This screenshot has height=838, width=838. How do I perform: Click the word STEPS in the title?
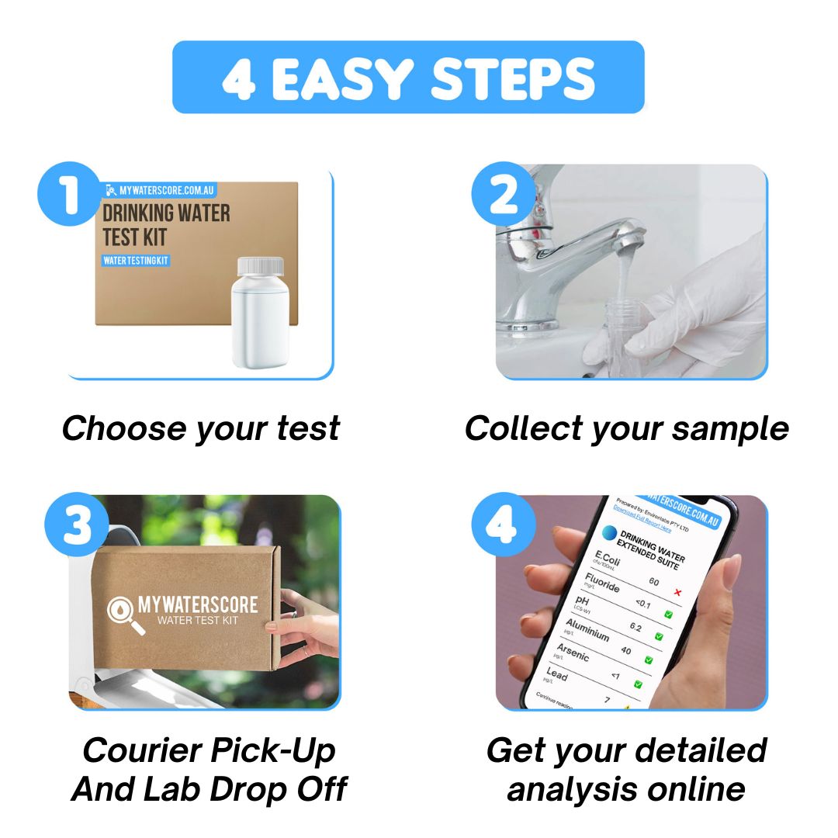click(514, 78)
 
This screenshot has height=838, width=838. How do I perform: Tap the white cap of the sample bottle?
click(259, 267)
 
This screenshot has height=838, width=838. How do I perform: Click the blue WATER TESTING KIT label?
click(136, 260)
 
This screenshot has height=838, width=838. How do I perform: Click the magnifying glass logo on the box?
click(125, 615)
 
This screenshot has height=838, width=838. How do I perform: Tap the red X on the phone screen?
click(678, 593)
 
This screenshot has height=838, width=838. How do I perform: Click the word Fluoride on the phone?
click(601, 582)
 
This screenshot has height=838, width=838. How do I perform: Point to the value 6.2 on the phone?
click(635, 627)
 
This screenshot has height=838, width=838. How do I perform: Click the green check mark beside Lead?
click(638, 684)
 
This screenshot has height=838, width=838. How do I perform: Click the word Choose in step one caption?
click(123, 428)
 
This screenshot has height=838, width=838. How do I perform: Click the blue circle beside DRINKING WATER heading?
click(609, 534)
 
